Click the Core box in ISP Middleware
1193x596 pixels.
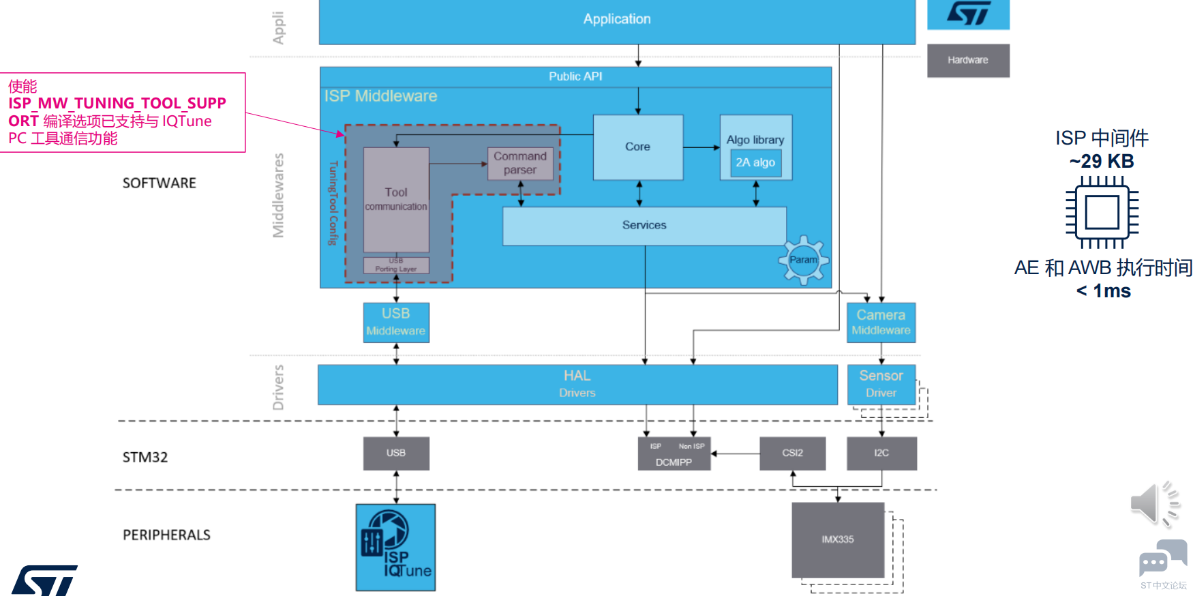637,147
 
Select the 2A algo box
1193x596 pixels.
755,163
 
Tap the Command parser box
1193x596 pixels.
520,164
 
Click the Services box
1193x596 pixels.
644,226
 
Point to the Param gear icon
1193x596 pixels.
804,260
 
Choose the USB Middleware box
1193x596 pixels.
396,322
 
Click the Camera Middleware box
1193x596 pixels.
881,322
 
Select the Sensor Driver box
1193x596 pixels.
881,384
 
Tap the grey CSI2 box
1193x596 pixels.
792,453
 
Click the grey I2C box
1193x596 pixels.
881,453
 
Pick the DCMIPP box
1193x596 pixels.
674,454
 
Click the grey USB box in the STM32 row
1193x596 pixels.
396,453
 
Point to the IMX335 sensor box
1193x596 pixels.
838,539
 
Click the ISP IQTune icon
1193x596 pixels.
395,547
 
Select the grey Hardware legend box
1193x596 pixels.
968,61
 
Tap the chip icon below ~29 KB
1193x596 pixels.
1102,212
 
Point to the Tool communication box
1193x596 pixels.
396,200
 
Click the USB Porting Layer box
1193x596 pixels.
396,265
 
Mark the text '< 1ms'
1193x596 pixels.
1103,291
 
